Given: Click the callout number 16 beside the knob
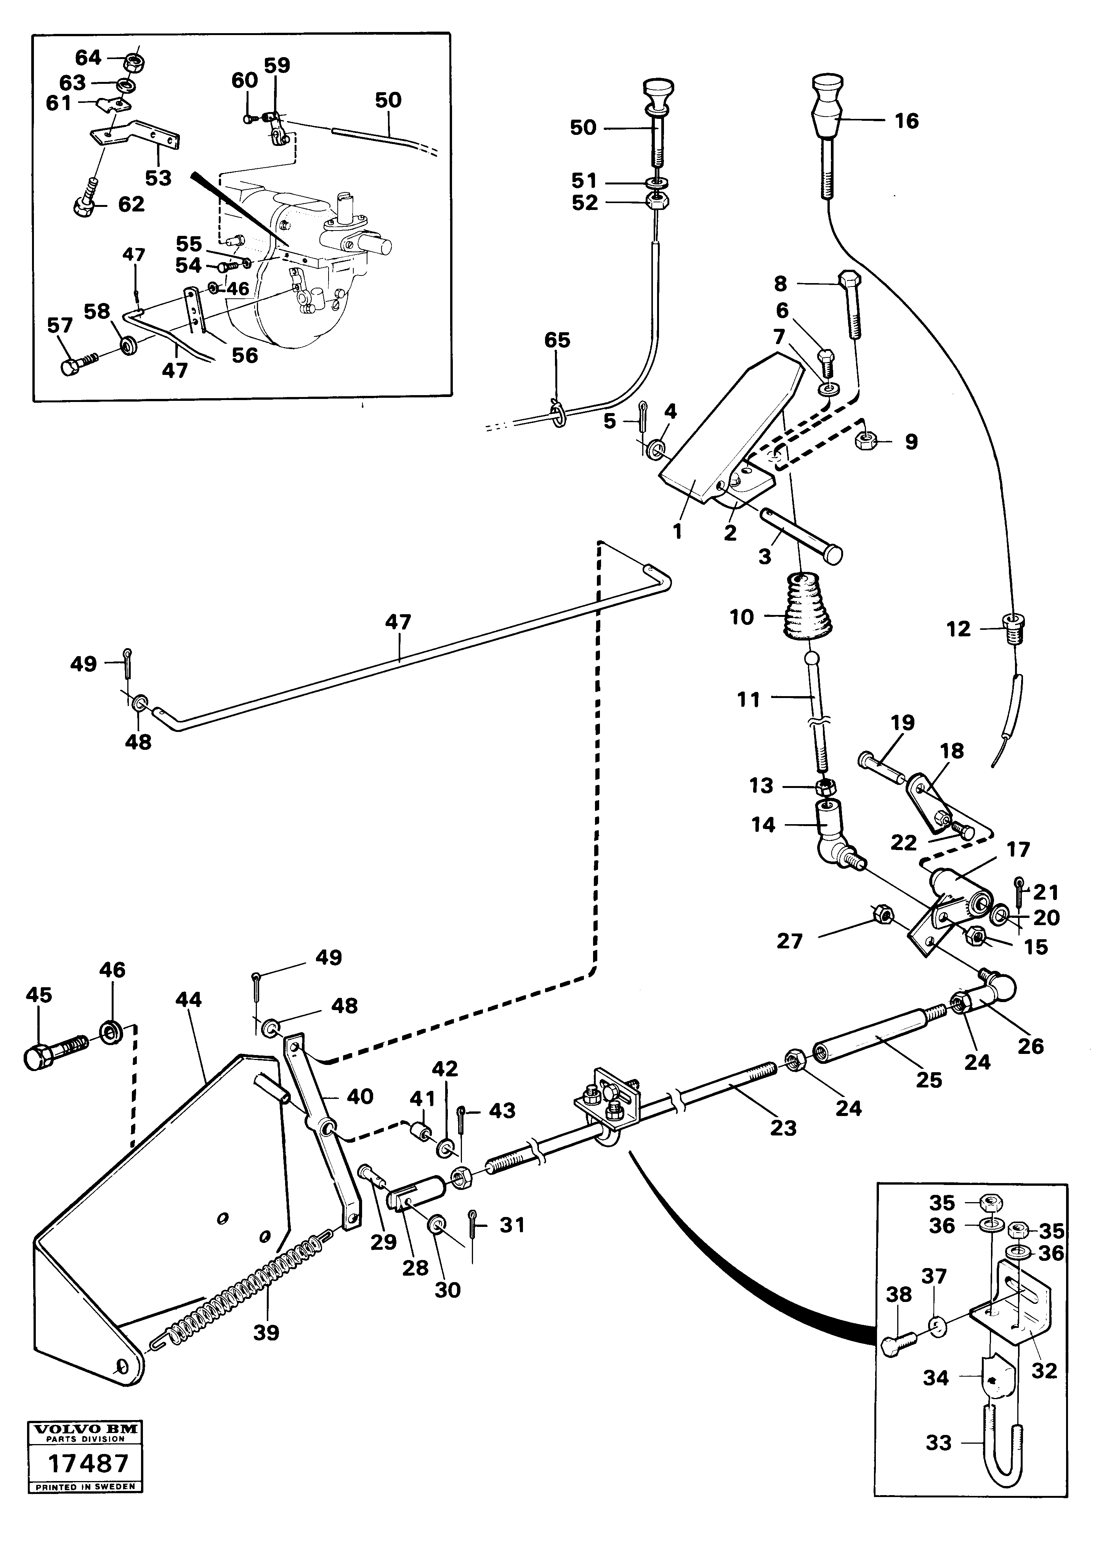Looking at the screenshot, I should click(x=906, y=121).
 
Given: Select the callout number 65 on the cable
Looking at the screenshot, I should click(x=557, y=340).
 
